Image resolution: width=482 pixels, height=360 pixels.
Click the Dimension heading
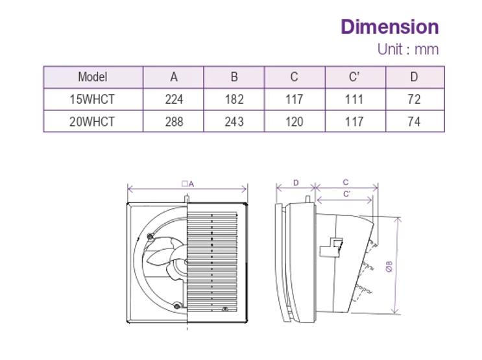[389, 27]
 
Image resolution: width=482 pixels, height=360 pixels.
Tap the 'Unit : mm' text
[407, 49]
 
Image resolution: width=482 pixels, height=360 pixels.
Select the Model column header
[92, 77]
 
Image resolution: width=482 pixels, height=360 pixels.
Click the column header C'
[354, 77]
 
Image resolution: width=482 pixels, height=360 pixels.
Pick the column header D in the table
[414, 77]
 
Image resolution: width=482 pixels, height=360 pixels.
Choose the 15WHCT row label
[92, 99]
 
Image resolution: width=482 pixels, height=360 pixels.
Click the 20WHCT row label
[92, 121]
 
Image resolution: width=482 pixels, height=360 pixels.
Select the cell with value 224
[174, 99]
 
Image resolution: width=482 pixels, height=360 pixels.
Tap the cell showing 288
[174, 121]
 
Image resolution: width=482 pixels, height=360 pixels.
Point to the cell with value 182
[234, 99]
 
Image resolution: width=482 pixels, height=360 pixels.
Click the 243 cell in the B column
[234, 121]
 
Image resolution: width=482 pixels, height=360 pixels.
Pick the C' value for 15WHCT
[354, 99]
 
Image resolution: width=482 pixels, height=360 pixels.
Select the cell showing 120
[294, 121]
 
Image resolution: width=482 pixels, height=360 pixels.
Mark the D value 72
[414, 99]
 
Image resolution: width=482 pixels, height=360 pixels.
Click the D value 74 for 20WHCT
[414, 121]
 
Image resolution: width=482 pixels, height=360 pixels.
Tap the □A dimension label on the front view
[187, 184]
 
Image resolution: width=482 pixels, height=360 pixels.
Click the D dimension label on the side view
[296, 183]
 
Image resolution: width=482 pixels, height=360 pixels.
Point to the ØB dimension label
[389, 267]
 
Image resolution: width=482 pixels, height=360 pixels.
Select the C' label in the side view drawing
[346, 193]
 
